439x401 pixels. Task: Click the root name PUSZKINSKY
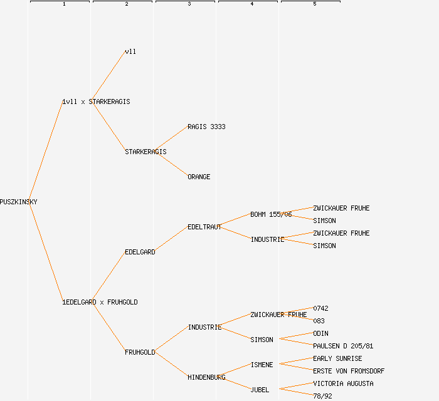(19, 202)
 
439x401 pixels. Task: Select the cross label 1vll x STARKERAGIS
(96, 102)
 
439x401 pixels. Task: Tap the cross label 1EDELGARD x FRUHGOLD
(100, 302)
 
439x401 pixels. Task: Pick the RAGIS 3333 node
(206, 127)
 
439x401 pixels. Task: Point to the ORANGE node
(199, 177)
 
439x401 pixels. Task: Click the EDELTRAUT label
(204, 227)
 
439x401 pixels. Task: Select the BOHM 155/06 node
(271, 214)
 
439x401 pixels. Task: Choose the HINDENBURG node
(206, 377)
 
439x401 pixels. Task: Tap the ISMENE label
(262, 365)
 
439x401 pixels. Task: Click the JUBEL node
(260, 390)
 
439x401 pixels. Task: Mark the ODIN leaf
(320, 333)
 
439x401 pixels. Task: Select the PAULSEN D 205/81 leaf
(343, 346)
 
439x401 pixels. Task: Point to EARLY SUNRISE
(337, 358)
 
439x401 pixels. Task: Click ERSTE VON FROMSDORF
(349, 371)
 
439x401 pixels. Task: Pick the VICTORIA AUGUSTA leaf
(343, 383)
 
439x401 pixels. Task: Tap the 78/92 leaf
(322, 395)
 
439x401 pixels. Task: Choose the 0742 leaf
(320, 308)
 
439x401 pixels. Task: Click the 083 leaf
(319, 321)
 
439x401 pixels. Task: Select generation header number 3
(189, 4)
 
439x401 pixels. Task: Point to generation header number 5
(314, 4)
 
